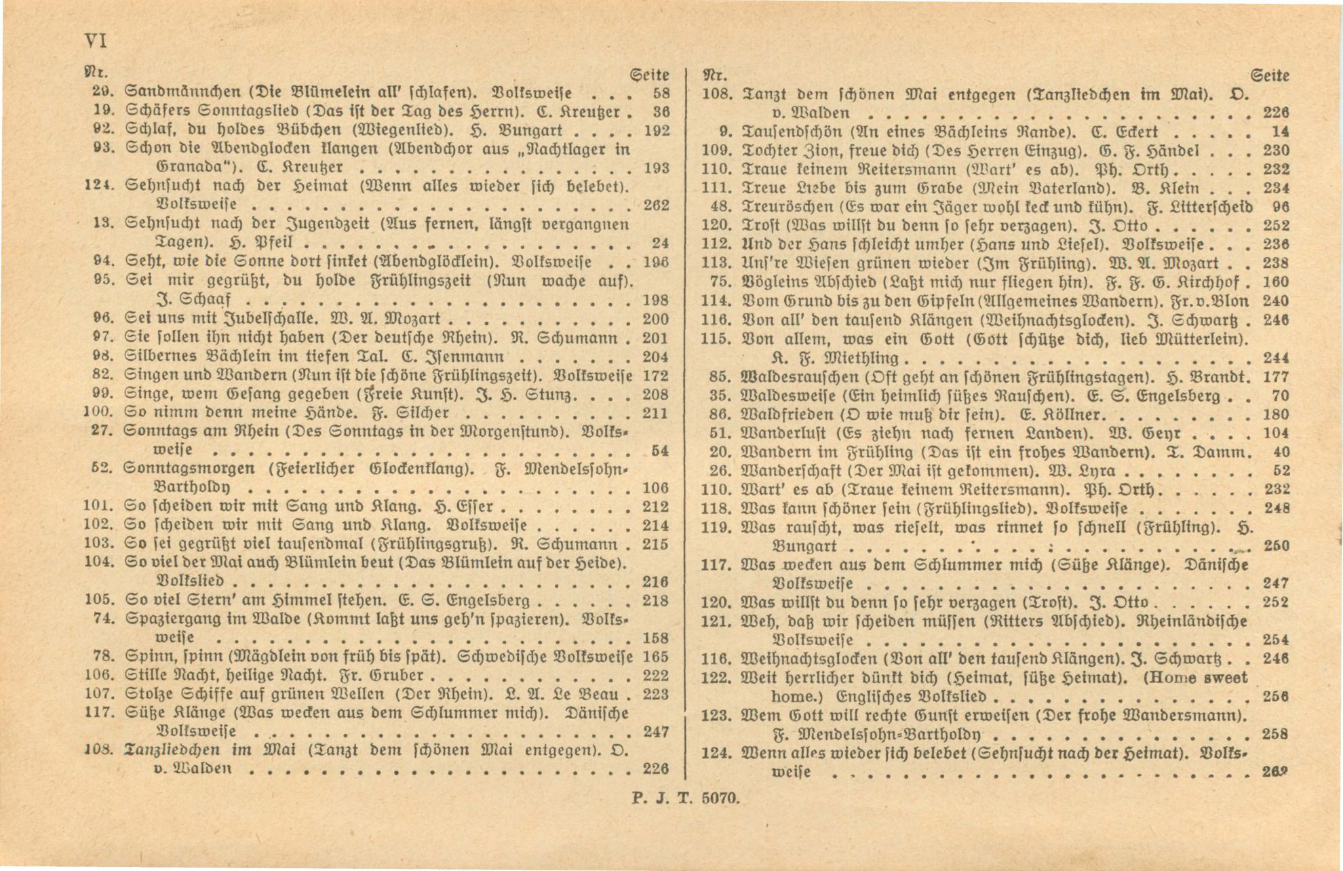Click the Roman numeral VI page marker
(x=95, y=41)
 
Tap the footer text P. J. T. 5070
(x=685, y=798)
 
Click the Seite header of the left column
(x=649, y=75)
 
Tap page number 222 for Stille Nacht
(x=655, y=676)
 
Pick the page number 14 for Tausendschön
(x=1281, y=132)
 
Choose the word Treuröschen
(x=788, y=207)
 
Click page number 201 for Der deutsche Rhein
(x=655, y=338)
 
